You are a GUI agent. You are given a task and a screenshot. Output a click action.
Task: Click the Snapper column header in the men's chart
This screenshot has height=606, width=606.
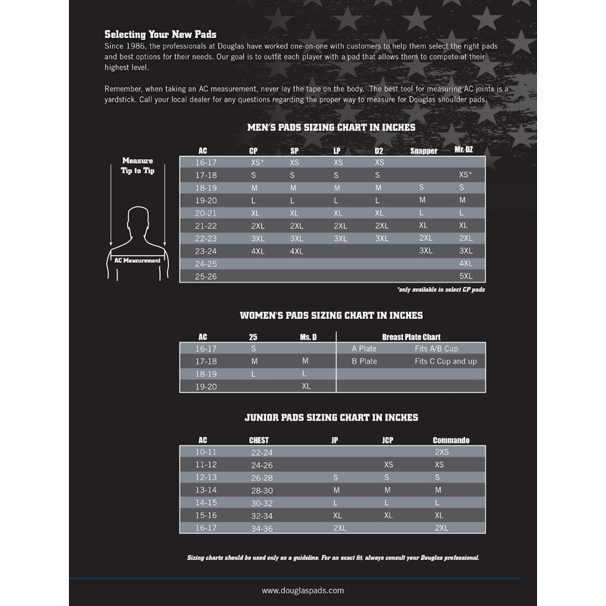(x=423, y=151)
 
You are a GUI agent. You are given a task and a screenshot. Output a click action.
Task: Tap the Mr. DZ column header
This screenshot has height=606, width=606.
(x=464, y=150)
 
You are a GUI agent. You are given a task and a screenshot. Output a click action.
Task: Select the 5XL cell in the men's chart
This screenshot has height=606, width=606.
(x=465, y=276)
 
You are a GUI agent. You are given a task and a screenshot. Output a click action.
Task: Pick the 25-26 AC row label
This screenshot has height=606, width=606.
(x=207, y=276)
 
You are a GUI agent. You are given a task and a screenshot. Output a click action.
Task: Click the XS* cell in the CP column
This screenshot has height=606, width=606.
(x=257, y=163)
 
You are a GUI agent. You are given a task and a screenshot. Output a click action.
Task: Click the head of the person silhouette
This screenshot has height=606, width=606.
(x=137, y=219)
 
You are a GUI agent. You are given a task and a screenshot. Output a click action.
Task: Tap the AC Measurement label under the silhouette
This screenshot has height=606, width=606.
(x=137, y=260)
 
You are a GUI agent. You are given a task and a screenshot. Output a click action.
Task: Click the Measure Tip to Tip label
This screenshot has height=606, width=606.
(x=137, y=165)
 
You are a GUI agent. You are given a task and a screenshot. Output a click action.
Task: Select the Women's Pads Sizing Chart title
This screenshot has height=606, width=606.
(x=331, y=314)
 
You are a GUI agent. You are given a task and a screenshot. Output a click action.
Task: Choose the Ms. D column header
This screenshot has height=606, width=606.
(x=306, y=336)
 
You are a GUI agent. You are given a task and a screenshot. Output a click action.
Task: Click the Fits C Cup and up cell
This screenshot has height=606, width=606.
(x=445, y=361)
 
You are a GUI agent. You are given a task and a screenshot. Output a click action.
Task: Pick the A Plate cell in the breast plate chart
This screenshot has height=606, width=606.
(x=364, y=348)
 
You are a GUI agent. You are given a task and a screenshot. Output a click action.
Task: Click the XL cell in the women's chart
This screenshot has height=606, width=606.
(x=306, y=386)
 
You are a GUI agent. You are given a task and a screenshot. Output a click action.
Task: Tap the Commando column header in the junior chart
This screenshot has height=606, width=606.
(x=451, y=440)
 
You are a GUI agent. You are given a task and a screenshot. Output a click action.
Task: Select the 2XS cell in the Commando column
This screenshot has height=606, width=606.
(x=442, y=451)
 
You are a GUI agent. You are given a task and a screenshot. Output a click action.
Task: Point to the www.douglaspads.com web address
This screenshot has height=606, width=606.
(x=303, y=590)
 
